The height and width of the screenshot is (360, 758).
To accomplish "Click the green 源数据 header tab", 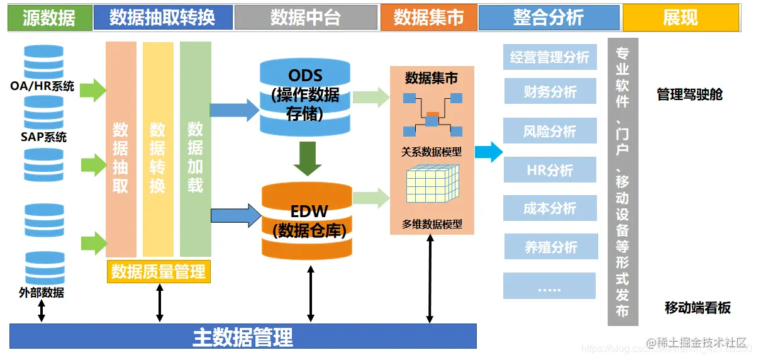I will click(49, 18).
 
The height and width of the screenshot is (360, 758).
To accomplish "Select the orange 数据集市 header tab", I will click(428, 18).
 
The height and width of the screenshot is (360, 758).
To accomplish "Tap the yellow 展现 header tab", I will click(680, 18).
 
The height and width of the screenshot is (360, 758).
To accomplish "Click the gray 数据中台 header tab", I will click(306, 18).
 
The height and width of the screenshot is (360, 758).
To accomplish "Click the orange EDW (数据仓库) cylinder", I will click(306, 220).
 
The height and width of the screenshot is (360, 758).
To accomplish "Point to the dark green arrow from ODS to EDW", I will click(308, 159).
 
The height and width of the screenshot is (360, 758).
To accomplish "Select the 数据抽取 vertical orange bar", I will click(121, 149).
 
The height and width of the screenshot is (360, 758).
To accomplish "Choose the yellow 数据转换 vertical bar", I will click(158, 149).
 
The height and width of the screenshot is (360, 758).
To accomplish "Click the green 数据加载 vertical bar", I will click(195, 149).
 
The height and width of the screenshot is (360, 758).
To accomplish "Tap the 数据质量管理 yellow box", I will click(159, 272).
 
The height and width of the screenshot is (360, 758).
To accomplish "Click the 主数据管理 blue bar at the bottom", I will click(243, 336).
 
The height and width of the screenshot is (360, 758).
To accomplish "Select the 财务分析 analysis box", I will click(550, 92).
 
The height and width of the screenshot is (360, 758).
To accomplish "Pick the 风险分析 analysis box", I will click(550, 132).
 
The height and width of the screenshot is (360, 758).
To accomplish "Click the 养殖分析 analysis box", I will click(550, 247).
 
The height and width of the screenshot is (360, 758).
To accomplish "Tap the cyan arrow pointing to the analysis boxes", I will click(488, 152).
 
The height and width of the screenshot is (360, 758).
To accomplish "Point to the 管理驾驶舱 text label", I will click(689, 95).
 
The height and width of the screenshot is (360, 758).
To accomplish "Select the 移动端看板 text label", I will click(698, 308).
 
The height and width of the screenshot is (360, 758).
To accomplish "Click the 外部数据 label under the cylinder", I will click(42, 293).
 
